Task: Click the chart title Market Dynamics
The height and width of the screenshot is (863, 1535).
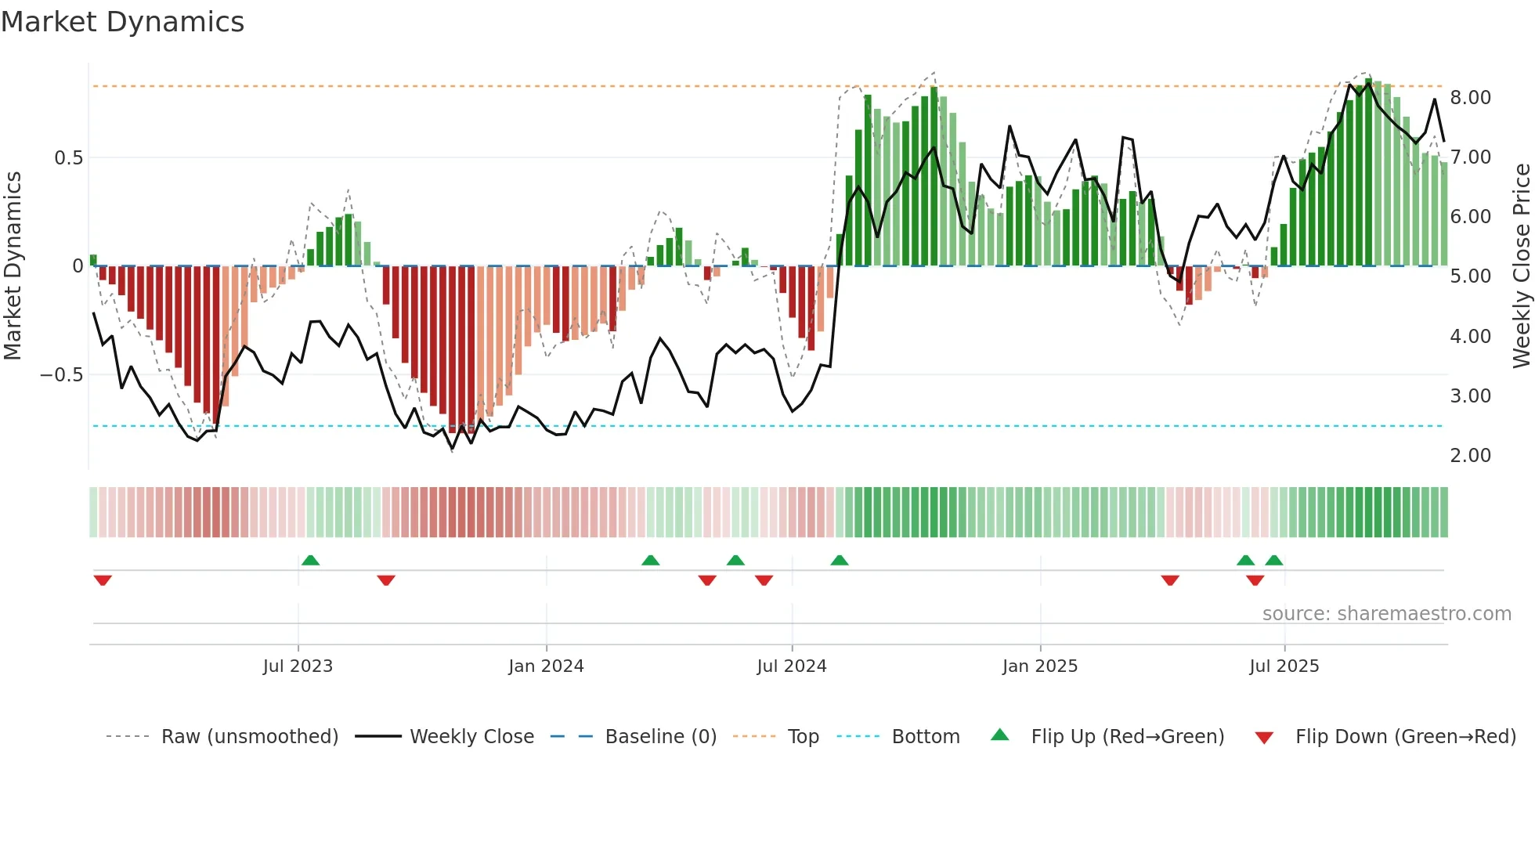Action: point(122,22)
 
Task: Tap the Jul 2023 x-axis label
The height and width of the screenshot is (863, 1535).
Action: point(298,666)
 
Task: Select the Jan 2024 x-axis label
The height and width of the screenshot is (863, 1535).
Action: point(546,666)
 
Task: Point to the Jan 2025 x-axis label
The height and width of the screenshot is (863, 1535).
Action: point(1040,666)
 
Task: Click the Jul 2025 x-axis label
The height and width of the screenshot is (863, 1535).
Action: point(1284,666)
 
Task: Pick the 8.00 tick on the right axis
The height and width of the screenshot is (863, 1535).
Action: point(1470,98)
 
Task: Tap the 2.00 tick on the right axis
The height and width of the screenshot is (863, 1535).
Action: point(1470,456)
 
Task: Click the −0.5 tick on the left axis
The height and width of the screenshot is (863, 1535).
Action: point(61,375)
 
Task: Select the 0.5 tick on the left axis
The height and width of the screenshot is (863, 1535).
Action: point(68,158)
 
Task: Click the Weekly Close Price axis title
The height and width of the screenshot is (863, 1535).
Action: point(1521,266)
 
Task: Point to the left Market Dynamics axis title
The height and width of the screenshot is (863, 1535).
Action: point(13,266)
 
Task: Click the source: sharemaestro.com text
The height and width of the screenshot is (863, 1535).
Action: point(1386,614)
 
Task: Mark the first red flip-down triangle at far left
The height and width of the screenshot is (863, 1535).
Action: point(103,580)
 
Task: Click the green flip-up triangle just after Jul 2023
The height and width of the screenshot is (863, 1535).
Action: point(311,560)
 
